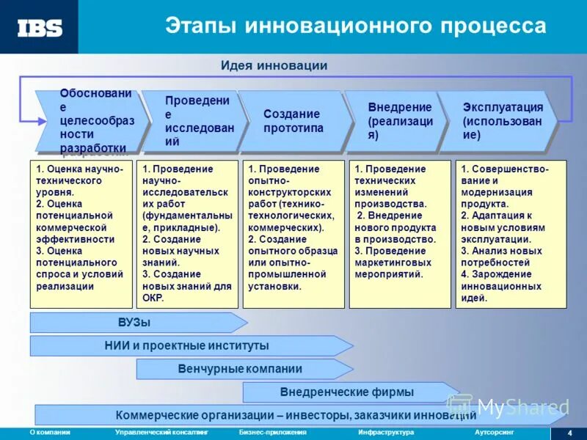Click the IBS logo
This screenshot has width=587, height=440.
40,28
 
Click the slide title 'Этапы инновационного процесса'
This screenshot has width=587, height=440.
355,26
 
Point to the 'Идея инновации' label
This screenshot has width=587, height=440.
274,66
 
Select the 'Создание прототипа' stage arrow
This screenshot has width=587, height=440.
292,121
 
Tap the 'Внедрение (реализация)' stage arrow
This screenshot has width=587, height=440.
396,121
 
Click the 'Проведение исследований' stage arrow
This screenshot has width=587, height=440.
194,121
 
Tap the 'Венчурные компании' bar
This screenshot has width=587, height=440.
240,369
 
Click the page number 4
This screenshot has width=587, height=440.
570,433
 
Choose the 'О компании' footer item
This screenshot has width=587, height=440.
50,433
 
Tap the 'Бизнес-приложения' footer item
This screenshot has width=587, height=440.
272,433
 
